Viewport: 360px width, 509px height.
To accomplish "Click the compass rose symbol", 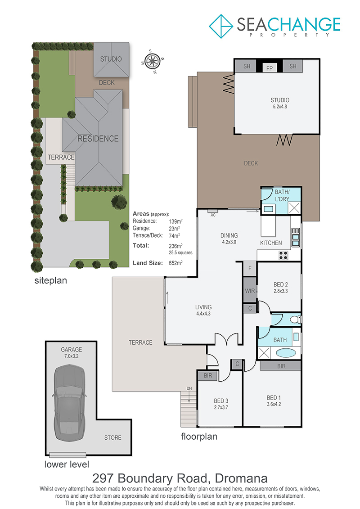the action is (152, 61).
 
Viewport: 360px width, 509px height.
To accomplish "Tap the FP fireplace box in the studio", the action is (270, 68).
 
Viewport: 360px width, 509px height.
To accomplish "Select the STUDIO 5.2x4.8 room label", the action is (280, 103).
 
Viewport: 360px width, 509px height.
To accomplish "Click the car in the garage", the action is (69, 402).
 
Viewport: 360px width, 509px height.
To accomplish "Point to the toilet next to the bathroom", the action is (295, 320).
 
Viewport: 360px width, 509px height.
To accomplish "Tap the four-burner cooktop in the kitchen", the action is (283, 255).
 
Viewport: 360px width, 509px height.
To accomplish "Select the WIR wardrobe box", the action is (250, 291).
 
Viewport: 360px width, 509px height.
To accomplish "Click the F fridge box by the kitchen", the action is (250, 269).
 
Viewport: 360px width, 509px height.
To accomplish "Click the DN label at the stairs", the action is (189, 388).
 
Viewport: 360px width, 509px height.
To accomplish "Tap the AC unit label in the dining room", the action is (213, 215).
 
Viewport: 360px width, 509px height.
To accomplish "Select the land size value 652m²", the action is (175, 263).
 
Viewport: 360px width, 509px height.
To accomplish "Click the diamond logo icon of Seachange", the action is (221, 26).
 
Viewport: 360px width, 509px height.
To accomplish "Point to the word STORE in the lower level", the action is (112, 437).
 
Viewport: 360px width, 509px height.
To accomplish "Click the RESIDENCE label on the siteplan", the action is (98, 139).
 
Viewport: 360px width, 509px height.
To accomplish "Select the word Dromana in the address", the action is (241, 478).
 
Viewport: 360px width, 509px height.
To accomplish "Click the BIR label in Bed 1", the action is (281, 366).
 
